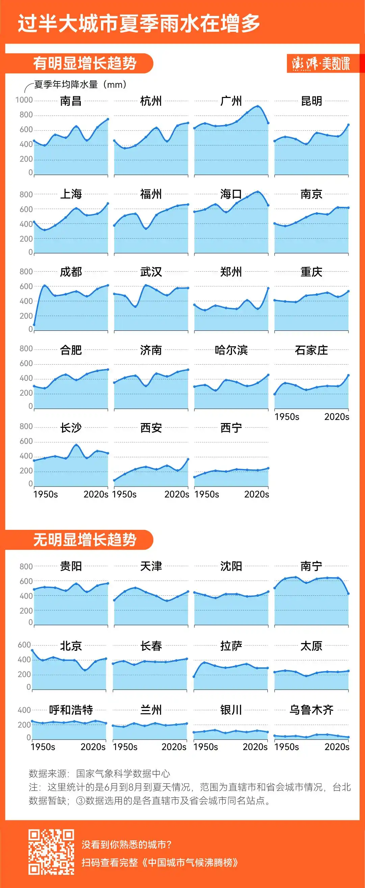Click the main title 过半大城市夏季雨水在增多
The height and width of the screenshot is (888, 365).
139,23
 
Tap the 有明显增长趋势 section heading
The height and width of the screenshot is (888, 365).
85,64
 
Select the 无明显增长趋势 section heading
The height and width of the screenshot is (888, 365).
85,540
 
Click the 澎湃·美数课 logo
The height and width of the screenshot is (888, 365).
320,64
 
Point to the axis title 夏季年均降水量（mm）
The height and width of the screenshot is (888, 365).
80,84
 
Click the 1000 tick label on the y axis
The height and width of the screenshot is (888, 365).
24,100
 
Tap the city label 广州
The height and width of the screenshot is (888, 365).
231,101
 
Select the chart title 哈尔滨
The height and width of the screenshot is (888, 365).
231,350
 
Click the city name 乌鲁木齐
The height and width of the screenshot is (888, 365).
311,710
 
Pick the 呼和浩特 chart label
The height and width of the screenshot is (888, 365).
71,710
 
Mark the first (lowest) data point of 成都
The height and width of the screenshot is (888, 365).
34,325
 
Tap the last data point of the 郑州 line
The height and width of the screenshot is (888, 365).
268,288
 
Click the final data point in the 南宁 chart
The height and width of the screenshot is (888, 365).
348,594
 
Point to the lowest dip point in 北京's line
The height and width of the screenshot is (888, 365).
85,670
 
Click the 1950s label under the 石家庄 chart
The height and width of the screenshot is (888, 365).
287,417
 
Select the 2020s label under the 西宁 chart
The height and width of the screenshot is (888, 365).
257,494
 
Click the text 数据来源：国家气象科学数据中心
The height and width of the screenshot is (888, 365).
100,773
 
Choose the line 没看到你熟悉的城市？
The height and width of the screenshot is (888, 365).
126,844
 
